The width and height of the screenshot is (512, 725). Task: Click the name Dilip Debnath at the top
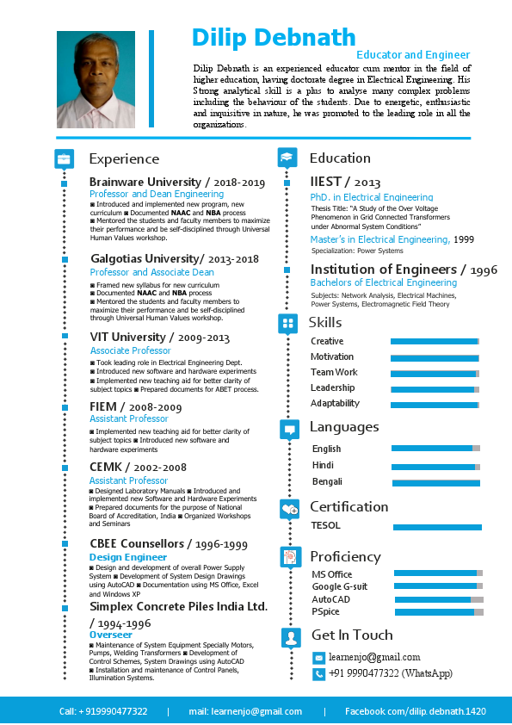tap(274, 37)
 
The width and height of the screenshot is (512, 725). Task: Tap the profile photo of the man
tap(96, 80)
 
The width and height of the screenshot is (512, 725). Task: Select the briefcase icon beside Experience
tap(64, 159)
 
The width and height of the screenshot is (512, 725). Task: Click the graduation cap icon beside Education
tap(287, 158)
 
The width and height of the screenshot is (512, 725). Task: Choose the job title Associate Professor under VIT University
tap(131, 350)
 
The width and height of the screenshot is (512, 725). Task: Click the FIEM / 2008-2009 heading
tap(136, 406)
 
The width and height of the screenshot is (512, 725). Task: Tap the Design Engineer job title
tap(128, 557)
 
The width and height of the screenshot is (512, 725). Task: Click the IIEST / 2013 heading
tap(345, 182)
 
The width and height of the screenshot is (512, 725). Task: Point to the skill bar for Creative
tap(435, 342)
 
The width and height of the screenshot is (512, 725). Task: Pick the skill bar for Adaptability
tap(435, 404)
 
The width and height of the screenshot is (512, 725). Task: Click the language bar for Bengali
tap(435, 483)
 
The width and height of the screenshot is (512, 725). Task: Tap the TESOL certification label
tap(326, 525)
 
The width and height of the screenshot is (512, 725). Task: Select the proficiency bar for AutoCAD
tap(438, 599)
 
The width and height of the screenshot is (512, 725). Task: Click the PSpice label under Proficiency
tap(325, 611)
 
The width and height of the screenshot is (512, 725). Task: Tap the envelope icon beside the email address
tap(318, 658)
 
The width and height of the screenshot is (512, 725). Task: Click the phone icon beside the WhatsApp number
tap(318, 674)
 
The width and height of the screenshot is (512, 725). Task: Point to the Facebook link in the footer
tap(416, 711)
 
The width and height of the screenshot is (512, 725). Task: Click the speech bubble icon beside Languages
tap(289, 428)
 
